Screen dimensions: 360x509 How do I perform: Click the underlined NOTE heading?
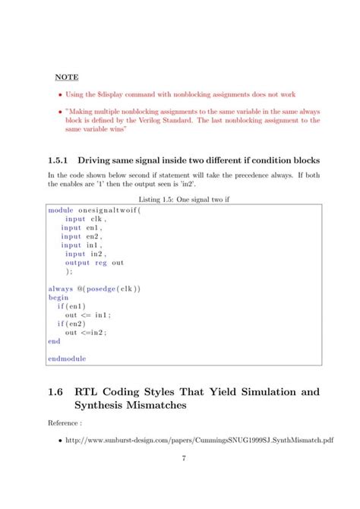pyautogui.click(x=67, y=77)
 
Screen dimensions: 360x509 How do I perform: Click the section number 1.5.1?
pyautogui.click(x=58, y=160)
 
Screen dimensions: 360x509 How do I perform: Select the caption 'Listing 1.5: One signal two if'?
pyautogui.click(x=180, y=199)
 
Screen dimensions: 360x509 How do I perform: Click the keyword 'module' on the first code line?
pyautogui.click(x=62, y=210)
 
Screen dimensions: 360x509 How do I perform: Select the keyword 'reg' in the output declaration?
pyautogui.click(x=101, y=263)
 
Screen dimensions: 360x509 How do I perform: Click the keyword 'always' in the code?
pyautogui.click(x=62, y=289)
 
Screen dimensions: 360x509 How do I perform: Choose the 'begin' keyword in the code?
pyautogui.click(x=58, y=298)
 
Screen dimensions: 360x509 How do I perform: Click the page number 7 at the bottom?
pyautogui.click(x=184, y=459)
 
